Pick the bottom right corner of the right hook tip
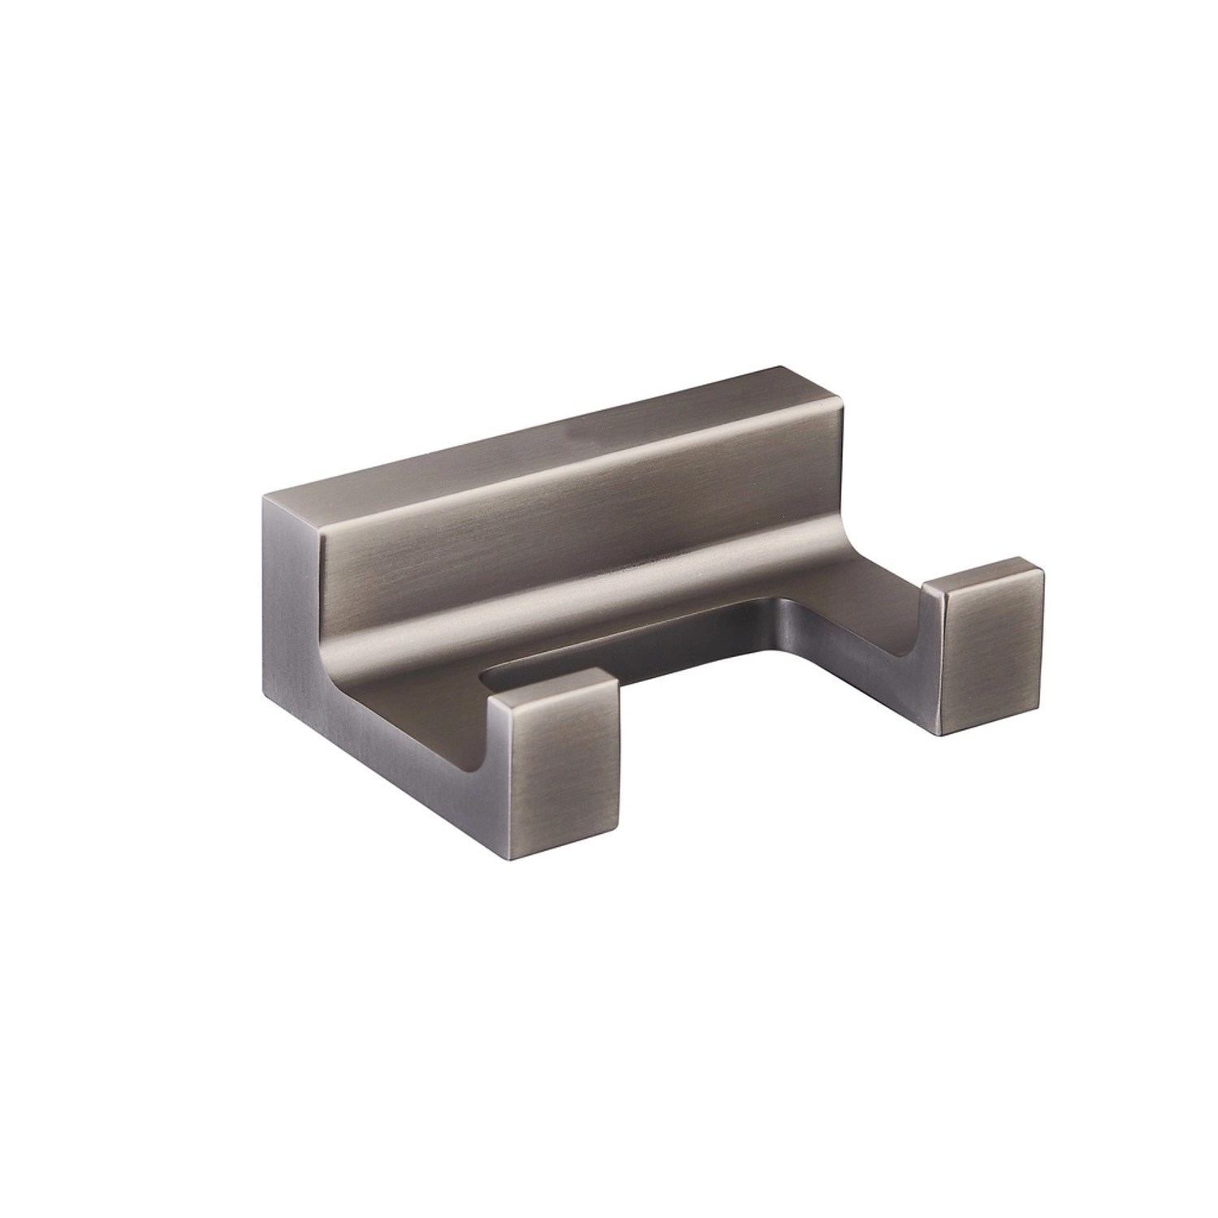pos(1042,710)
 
